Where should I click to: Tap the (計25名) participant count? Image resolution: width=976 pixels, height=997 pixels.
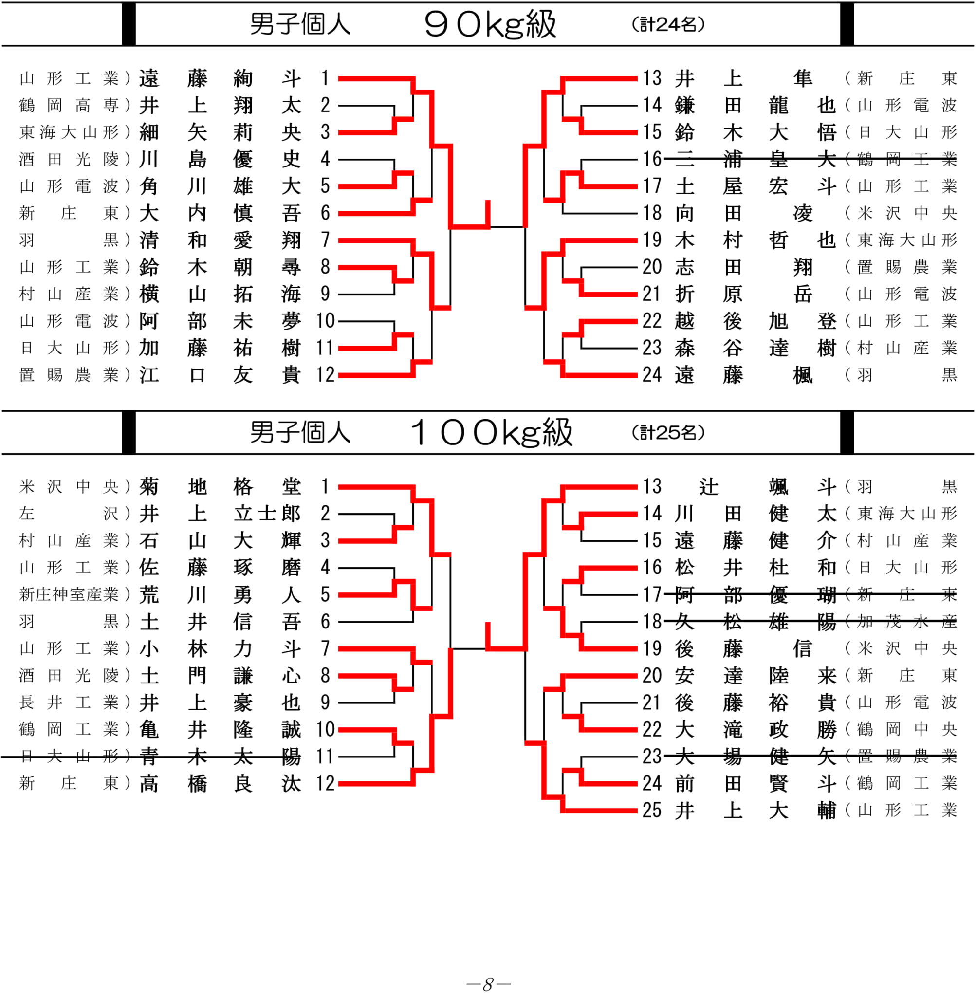(668, 433)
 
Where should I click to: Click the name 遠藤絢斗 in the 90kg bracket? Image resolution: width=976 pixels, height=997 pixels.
(220, 78)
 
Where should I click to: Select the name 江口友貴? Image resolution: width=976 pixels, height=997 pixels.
(220, 375)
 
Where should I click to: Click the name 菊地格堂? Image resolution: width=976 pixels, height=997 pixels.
(220, 486)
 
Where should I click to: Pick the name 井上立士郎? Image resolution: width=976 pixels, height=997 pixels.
(220, 514)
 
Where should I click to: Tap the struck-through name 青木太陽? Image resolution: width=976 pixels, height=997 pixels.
(220, 757)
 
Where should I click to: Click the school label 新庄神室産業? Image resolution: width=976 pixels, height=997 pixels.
(69, 594)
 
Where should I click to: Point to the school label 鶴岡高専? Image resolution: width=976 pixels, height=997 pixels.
(69, 106)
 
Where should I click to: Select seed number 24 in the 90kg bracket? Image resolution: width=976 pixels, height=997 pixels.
(652, 375)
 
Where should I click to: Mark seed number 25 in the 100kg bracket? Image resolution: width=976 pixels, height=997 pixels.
(652, 811)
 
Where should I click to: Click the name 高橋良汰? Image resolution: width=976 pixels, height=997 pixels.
(220, 784)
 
